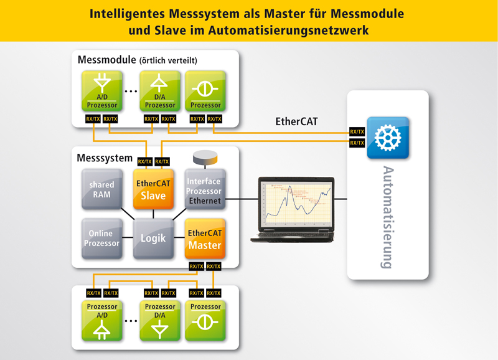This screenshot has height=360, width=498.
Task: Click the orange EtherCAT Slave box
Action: pos(153,188)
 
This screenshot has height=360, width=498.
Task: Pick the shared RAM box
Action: pos(101,188)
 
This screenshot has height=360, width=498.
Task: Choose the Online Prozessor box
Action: pos(101,239)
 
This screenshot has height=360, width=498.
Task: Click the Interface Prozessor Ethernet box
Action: pos(204,189)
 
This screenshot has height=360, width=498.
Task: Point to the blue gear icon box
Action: pos(388,138)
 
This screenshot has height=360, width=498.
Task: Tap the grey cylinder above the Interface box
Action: pos(204,156)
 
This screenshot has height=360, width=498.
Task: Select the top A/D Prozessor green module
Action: pos(101,90)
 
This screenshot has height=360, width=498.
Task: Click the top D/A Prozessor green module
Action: pos(160,90)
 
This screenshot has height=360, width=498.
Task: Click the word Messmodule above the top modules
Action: pos(106,60)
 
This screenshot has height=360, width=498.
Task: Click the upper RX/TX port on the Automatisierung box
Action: pos(357,132)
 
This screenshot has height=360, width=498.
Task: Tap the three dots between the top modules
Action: pos(131,92)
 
